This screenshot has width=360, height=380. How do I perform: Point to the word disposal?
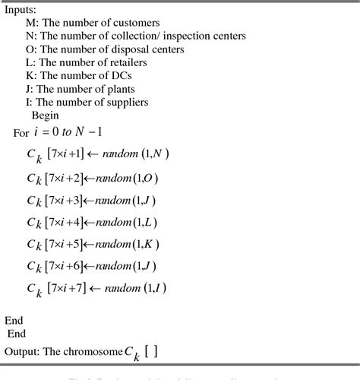tap(141, 49)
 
